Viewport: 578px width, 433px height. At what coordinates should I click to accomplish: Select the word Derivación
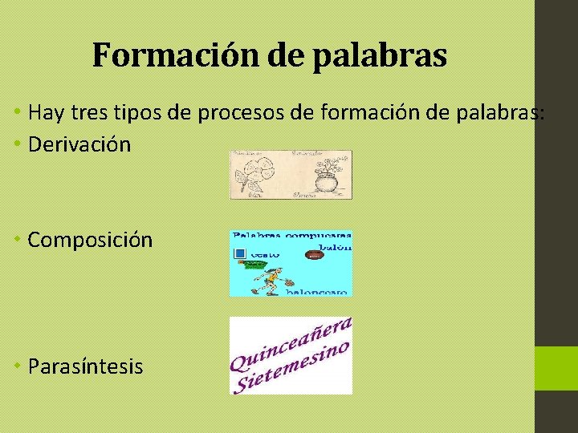pyautogui.click(x=79, y=144)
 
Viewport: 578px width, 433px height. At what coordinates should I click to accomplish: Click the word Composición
pyautogui.click(x=90, y=239)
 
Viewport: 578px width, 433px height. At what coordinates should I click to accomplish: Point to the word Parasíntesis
pyautogui.click(x=85, y=366)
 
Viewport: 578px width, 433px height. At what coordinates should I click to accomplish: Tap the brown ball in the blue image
pyautogui.click(x=314, y=257)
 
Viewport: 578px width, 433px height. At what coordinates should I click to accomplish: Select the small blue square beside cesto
pyautogui.click(x=238, y=255)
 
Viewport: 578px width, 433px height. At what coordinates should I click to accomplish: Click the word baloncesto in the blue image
pyautogui.click(x=318, y=292)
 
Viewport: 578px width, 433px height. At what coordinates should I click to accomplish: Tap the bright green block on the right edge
pyautogui.click(x=556, y=368)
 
